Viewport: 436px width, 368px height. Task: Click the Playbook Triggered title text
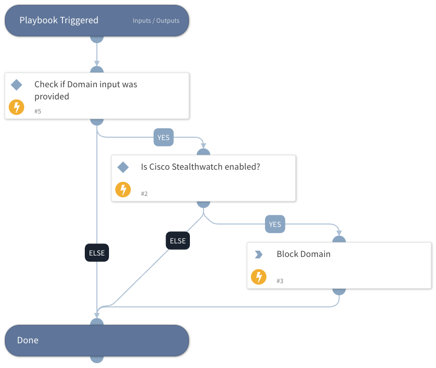click(59, 20)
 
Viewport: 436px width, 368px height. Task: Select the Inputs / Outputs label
click(156, 21)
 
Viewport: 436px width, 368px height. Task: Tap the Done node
click(96, 340)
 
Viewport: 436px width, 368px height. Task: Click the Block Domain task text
click(303, 254)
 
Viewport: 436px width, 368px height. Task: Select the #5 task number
click(38, 111)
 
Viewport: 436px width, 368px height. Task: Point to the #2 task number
click(144, 193)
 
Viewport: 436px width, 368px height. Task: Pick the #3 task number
click(280, 281)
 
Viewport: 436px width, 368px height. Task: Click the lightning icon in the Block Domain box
click(259, 277)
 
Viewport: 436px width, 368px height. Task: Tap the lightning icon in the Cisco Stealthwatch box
click(123, 190)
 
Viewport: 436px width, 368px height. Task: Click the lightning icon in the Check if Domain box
click(16, 107)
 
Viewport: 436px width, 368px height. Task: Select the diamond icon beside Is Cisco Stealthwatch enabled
click(123, 167)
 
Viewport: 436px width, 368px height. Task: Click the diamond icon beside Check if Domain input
click(16, 85)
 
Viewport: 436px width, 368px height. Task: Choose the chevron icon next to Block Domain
click(258, 254)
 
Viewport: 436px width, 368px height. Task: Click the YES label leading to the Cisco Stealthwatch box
click(163, 138)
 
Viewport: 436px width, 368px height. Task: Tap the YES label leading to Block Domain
click(275, 224)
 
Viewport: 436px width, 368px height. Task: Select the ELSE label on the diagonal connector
click(178, 240)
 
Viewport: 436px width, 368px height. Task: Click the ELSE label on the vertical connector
click(97, 253)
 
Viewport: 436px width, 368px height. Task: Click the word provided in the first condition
click(52, 96)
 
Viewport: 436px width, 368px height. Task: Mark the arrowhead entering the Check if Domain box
click(97, 64)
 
